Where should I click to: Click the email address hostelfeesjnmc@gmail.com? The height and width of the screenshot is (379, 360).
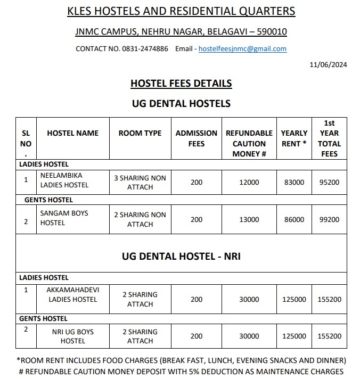pyautogui.click(x=242, y=49)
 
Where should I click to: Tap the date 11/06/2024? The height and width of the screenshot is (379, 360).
pyautogui.click(x=328, y=65)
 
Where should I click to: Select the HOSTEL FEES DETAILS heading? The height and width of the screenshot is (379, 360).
pyautogui.click(x=181, y=84)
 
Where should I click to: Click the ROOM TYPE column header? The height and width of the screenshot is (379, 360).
pyautogui.click(x=140, y=133)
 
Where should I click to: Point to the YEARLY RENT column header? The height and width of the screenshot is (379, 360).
pyautogui.click(x=294, y=138)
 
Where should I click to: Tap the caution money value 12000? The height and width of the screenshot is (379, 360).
pyautogui.click(x=249, y=183)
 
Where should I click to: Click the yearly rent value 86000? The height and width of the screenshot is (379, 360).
pyautogui.click(x=294, y=220)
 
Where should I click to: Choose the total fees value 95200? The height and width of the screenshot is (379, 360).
pyautogui.click(x=329, y=183)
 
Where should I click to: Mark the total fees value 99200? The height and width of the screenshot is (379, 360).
pyautogui.click(x=329, y=220)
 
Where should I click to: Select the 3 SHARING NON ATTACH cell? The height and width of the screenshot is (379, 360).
pyautogui.click(x=140, y=183)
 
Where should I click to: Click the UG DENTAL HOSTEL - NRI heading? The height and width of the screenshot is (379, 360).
pyautogui.click(x=181, y=256)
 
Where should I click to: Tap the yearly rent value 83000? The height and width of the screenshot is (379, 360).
pyautogui.click(x=294, y=183)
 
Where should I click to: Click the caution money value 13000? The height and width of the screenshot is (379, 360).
pyautogui.click(x=249, y=220)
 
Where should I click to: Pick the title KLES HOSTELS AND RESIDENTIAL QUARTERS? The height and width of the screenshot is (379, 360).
pyautogui.click(x=181, y=11)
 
